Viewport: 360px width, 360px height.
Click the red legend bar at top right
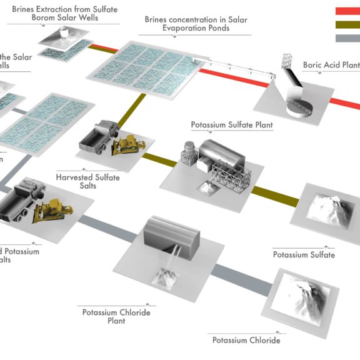pyautogui.click(x=347, y=11)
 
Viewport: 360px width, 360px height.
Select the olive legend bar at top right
pyautogui.click(x=347, y=24)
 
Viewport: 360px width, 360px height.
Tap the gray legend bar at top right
pyautogui.click(x=347, y=38)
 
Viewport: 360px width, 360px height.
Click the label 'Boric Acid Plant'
pyautogui.click(x=331, y=65)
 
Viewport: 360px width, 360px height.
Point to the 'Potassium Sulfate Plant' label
pyautogui.click(x=231, y=125)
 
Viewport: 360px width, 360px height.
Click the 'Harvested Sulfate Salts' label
pyautogui.click(x=96, y=182)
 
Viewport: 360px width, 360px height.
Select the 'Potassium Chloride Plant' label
pyautogui.click(x=116, y=316)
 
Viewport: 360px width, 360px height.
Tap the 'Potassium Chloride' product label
pyautogui.click(x=246, y=341)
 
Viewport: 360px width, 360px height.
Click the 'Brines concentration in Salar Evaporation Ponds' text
pyautogui.click(x=196, y=24)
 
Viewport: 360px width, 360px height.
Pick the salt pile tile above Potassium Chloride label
pyautogui.click(x=306, y=299)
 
